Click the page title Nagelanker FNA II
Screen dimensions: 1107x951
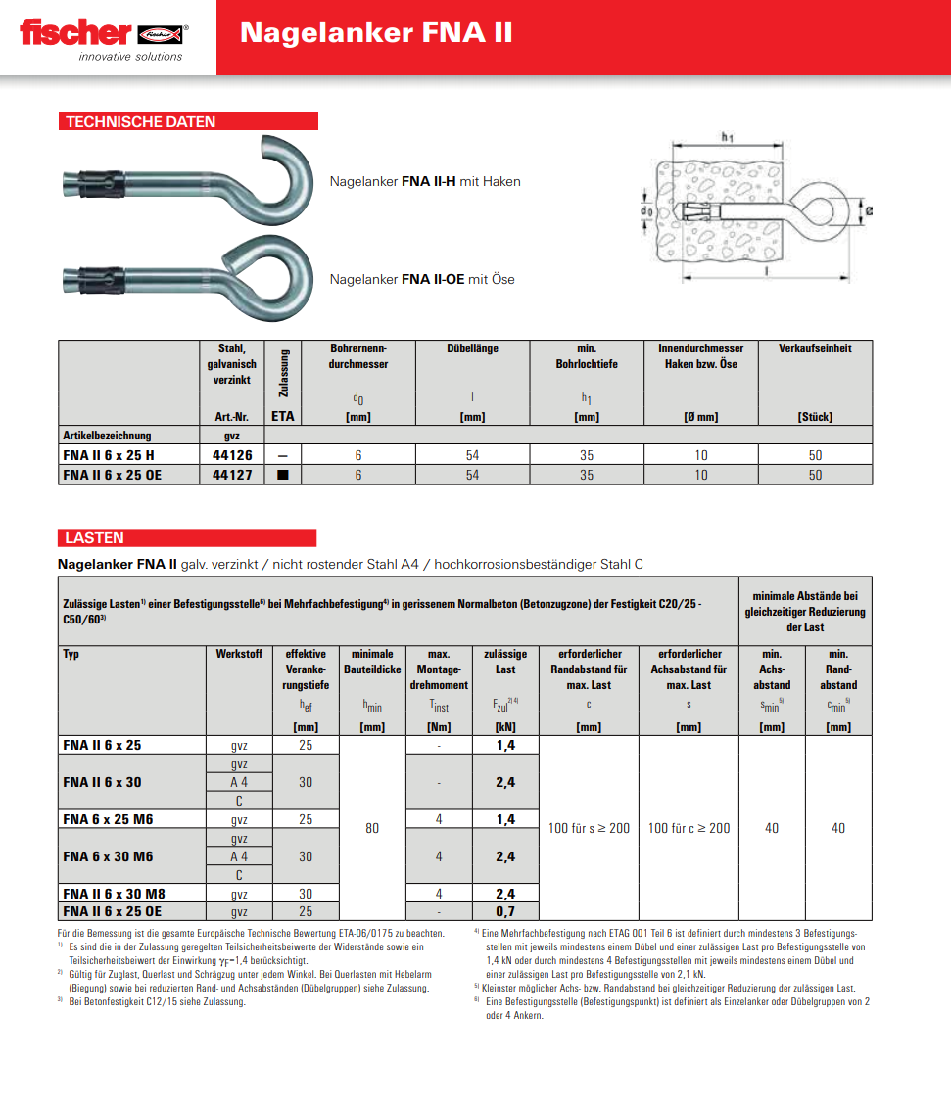pos(376,33)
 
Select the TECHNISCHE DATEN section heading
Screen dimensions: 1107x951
pos(141,122)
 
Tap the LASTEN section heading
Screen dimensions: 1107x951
pos(95,538)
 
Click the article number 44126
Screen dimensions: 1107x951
pos(232,455)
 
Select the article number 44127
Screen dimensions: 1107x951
pos(232,475)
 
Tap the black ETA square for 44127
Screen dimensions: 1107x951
pos(283,475)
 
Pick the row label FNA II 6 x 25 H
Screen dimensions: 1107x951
pos(109,455)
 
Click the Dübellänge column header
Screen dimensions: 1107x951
pos(472,348)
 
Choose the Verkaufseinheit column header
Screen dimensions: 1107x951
pos(815,348)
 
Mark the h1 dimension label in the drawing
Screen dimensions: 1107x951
pos(727,138)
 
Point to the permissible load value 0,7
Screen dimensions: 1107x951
pos(505,911)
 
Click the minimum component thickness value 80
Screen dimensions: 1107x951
pos(372,828)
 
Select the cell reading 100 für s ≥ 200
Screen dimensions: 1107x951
pos(589,828)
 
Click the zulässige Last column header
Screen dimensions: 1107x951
pos(505,662)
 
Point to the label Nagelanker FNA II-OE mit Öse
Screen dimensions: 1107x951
pos(422,279)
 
